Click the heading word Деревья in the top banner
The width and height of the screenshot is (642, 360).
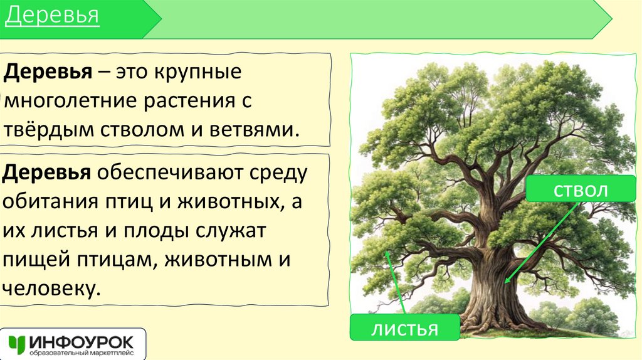pos(53,16)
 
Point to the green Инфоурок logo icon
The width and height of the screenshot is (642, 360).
pos(17,344)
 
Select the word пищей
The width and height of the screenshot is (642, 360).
pos(37,260)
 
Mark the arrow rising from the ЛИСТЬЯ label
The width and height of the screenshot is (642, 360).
pos(397,282)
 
